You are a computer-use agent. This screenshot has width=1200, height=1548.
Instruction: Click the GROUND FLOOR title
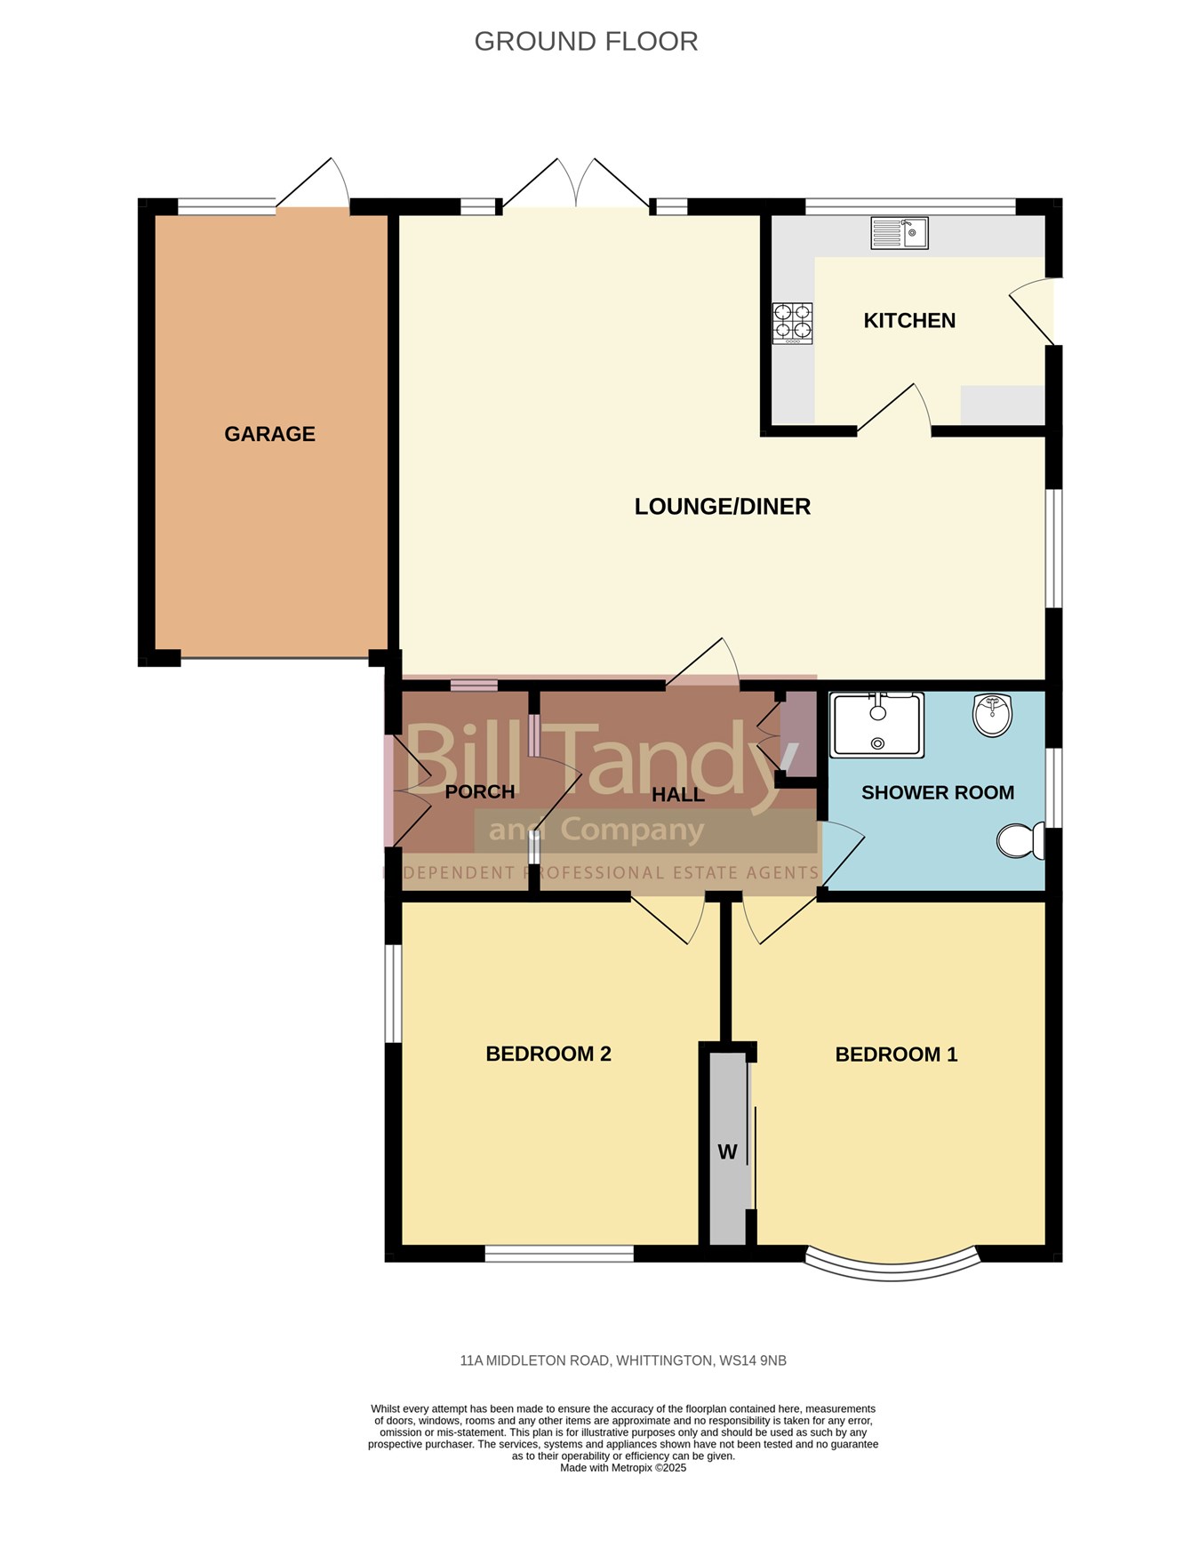586,42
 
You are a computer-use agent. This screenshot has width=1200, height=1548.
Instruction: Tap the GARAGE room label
269,434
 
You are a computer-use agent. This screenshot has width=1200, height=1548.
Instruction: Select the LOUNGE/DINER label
722,507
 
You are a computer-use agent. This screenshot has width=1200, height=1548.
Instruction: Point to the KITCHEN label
909,321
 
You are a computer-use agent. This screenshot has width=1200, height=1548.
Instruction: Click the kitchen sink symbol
900,234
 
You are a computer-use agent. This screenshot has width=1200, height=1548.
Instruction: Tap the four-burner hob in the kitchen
792,323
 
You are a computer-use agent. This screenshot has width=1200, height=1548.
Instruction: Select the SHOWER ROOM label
938,793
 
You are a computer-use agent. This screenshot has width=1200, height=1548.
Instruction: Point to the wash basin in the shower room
993,715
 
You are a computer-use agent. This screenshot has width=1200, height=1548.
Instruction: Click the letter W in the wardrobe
727,1152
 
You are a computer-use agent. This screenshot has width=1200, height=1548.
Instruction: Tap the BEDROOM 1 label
896,1055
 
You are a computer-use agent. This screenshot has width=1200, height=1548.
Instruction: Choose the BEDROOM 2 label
548,1055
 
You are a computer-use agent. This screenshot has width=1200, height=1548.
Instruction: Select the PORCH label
480,791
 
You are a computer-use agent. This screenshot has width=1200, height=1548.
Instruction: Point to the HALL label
678,795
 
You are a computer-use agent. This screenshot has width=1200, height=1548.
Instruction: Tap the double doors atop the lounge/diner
575,185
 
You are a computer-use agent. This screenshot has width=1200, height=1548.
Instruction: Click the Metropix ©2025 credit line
623,1468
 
